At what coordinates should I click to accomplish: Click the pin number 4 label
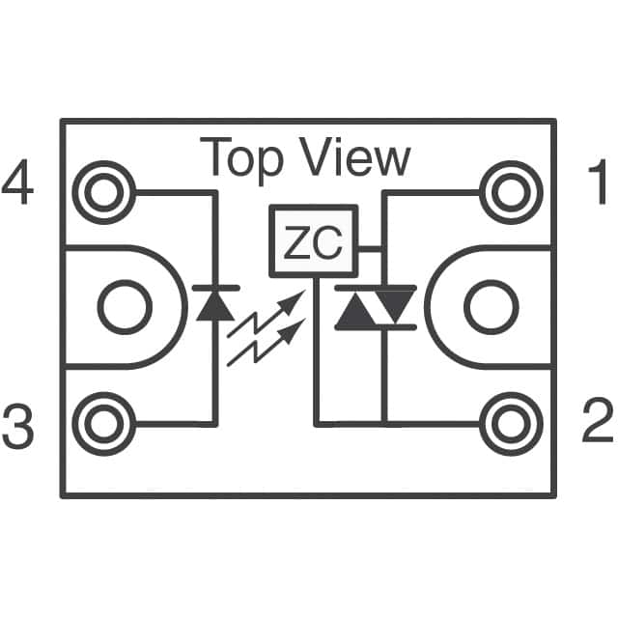[x=17, y=182]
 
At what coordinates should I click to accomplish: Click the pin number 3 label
[x=17, y=426]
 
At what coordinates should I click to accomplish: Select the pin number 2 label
[x=598, y=420]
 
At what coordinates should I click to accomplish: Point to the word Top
[x=241, y=159]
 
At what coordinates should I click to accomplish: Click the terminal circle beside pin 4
[x=104, y=193]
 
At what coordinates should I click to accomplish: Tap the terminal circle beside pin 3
[x=104, y=424]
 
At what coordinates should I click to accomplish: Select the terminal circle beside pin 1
[x=511, y=193]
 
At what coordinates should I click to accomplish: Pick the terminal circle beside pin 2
[x=511, y=424]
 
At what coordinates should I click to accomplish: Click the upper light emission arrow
[x=267, y=313]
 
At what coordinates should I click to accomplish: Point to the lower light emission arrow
[x=267, y=342]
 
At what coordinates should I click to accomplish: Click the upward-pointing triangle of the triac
[x=355, y=310]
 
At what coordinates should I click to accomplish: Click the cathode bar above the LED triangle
[x=216, y=288]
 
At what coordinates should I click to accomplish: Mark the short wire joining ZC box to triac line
[x=370, y=249]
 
